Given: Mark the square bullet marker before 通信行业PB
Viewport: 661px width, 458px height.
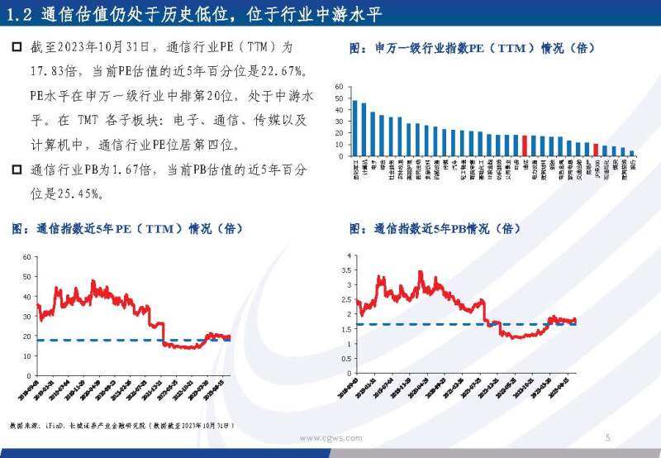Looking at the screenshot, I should (x=17, y=170).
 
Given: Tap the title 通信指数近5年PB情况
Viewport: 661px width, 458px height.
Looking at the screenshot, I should (x=435, y=228).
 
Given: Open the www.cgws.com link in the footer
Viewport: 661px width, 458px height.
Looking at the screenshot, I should (x=330, y=438).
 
